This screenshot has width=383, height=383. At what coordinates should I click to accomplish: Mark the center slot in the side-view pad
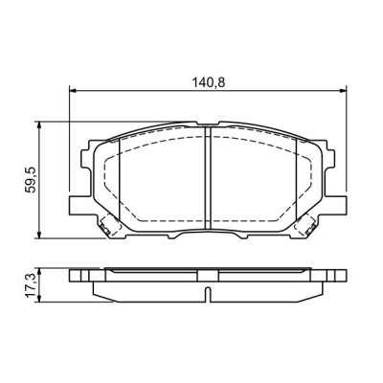208,291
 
